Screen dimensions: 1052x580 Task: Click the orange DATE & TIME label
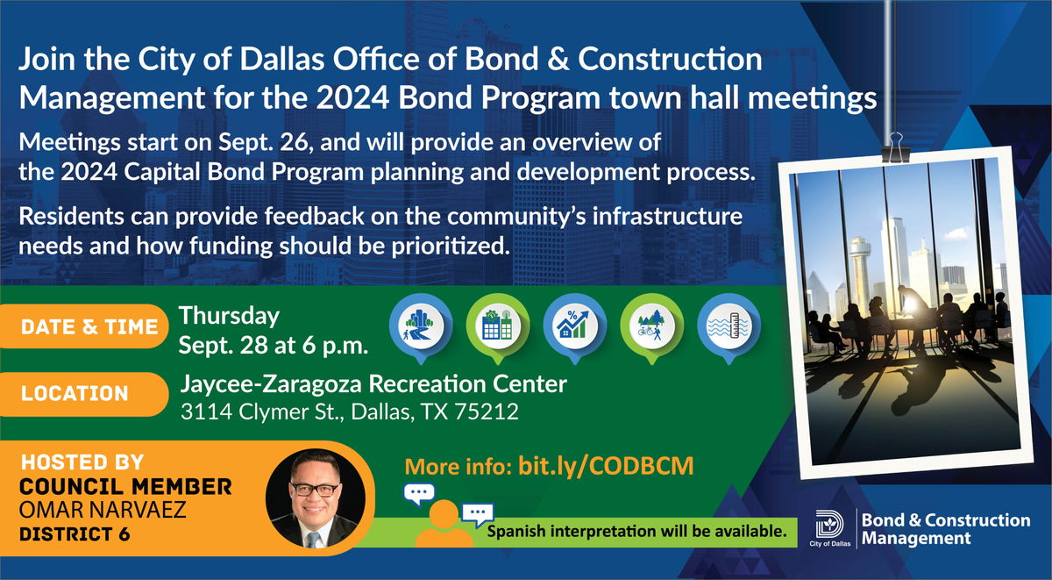pyautogui.click(x=83, y=326)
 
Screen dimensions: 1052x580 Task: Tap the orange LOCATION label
pyautogui.click(x=83, y=394)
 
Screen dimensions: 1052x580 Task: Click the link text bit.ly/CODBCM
pyautogui.click(x=606, y=466)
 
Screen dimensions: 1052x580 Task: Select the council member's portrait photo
pyautogui.click(x=315, y=498)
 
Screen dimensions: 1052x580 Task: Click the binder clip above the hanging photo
pyautogui.click(x=896, y=147)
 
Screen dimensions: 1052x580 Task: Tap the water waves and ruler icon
pyautogui.click(x=729, y=327)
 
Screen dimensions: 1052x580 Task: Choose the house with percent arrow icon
pyautogui.click(x=574, y=327)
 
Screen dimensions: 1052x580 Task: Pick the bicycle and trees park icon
pyautogui.click(x=651, y=327)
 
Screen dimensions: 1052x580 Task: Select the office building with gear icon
pyautogui.click(x=497, y=327)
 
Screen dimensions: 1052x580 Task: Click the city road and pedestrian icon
pyautogui.click(x=420, y=327)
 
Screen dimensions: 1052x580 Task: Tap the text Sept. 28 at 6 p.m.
pyautogui.click(x=273, y=346)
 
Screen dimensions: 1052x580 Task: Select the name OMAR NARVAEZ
pyautogui.click(x=103, y=511)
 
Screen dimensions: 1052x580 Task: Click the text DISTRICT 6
pyautogui.click(x=75, y=534)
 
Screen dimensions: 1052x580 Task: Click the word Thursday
pyautogui.click(x=229, y=316)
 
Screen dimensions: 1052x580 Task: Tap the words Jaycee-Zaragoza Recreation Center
pyautogui.click(x=373, y=384)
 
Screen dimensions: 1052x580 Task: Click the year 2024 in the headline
pyautogui.click(x=352, y=97)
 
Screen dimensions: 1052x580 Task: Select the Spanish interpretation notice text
pyautogui.click(x=636, y=532)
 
